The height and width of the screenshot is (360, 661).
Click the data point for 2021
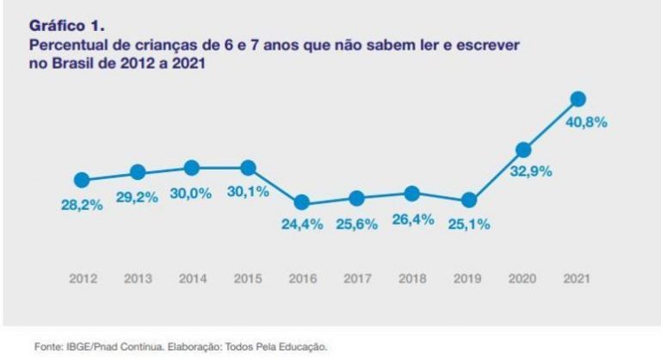(578, 99)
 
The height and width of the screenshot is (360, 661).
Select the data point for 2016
(301, 203)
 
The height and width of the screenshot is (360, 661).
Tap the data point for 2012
(82, 180)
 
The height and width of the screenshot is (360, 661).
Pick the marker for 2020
(523, 148)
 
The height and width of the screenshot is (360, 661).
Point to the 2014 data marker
(192, 168)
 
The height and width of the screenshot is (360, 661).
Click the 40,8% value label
(586, 122)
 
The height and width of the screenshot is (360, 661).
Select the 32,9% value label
(530, 171)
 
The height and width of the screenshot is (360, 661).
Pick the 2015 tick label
(247, 279)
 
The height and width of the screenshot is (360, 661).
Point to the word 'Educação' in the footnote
(302, 347)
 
